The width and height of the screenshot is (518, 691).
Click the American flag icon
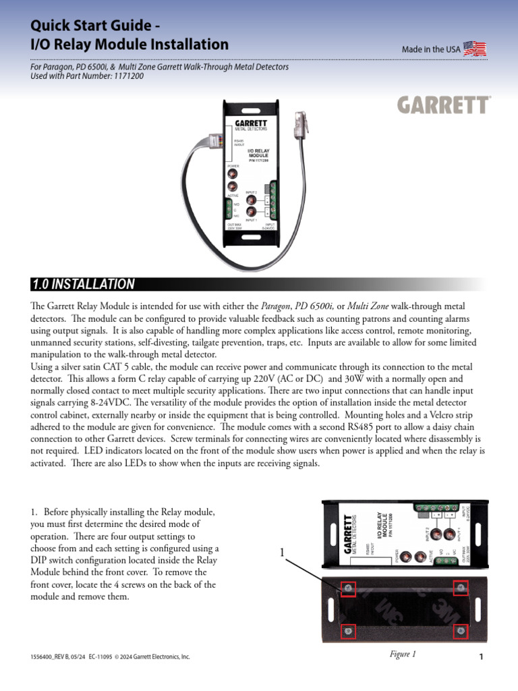click(x=475, y=49)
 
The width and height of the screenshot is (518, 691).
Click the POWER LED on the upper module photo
click(x=233, y=172)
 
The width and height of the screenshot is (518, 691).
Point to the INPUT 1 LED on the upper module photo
click(x=252, y=211)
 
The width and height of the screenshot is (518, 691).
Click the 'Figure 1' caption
click(x=403, y=653)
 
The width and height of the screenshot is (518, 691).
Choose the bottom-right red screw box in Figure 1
click(x=461, y=632)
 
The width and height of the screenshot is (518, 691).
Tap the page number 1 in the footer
click(x=482, y=658)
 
